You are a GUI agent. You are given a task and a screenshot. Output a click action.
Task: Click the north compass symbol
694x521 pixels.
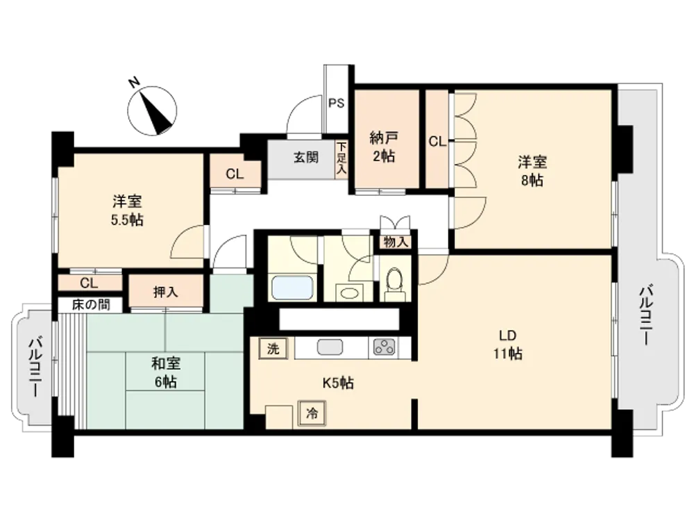point(152,110)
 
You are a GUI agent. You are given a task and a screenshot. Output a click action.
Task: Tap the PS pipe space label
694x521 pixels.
point(336,104)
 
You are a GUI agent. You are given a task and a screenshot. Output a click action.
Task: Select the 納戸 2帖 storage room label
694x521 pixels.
point(383,147)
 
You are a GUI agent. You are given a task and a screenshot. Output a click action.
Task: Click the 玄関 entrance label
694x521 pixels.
point(306,157)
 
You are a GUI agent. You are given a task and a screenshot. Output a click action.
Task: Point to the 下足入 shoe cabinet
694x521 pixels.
point(341,159)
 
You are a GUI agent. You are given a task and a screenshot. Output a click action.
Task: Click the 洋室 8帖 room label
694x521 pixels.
point(532,171)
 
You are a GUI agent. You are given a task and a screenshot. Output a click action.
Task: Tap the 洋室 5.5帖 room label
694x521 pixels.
point(127,211)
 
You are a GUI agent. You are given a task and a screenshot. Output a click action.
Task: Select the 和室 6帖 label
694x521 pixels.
point(166,373)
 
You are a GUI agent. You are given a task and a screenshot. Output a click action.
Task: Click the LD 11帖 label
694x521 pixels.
point(508,345)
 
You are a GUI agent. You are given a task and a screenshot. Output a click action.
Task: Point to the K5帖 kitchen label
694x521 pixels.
point(338,383)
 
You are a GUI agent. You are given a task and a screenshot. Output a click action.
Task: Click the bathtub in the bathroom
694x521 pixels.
point(292,288)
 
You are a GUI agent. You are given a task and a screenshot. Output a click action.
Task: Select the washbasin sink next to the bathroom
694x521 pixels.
point(350,292)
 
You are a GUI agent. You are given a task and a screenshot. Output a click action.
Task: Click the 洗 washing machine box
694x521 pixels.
point(273,349)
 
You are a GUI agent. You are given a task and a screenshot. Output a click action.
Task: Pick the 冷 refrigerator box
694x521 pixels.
point(312,414)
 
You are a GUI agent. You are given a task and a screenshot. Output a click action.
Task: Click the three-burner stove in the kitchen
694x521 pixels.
point(384,347)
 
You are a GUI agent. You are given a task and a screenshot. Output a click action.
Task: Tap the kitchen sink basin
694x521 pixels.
point(330,347)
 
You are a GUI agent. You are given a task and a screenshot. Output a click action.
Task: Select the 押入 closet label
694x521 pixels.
point(165,292)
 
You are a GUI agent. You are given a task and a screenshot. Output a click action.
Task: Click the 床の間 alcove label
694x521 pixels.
point(91,305)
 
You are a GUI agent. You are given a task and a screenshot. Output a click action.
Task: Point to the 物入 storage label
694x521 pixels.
point(396,242)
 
